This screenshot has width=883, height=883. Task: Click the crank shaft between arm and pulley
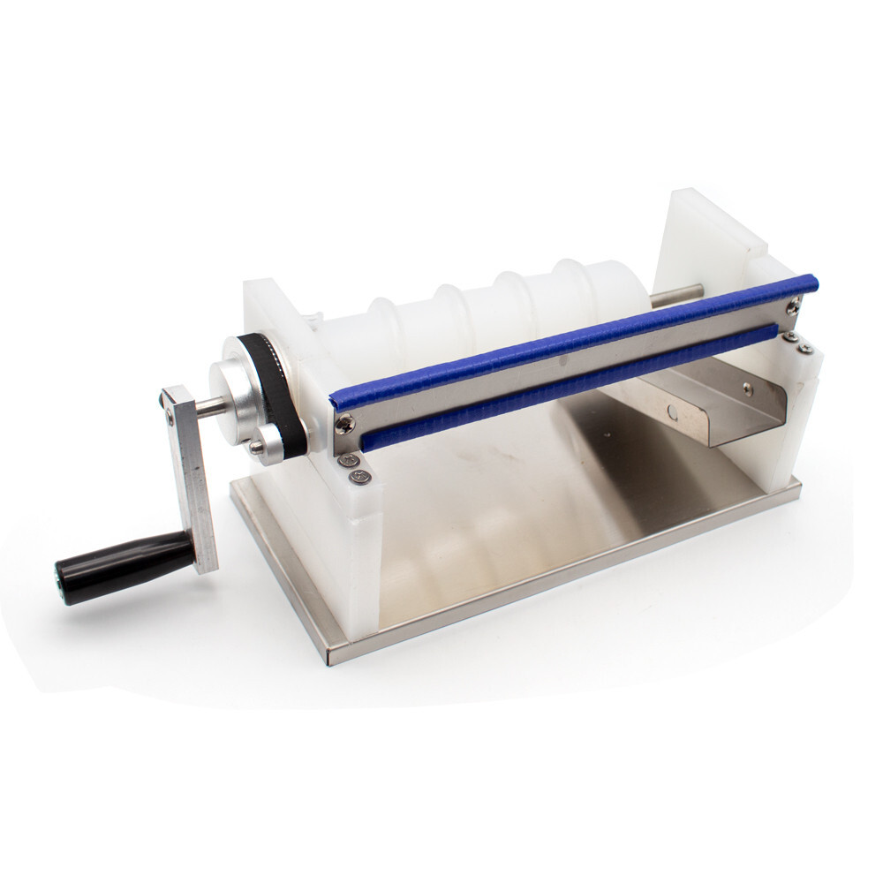tap(208, 407)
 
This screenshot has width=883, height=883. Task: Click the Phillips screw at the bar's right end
tap(794, 305)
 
